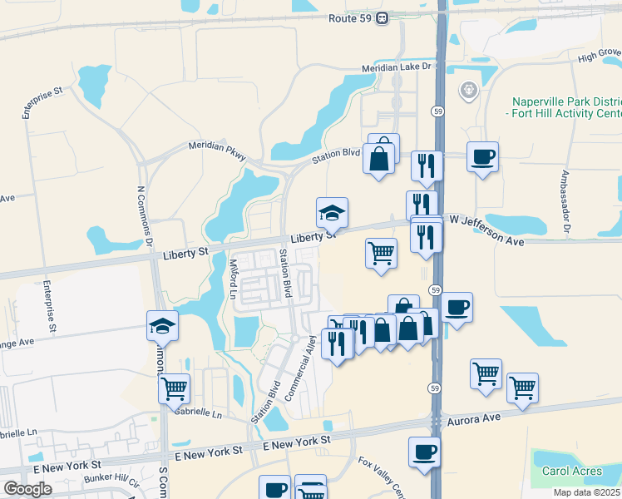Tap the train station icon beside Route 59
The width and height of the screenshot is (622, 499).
click(382, 17)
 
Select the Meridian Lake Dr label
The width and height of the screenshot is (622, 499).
click(398, 67)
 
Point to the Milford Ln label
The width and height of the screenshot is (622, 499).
click(233, 279)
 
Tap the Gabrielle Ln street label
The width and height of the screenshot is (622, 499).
click(200, 413)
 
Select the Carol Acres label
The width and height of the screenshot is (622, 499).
click(572, 471)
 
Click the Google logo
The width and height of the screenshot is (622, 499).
click(27, 489)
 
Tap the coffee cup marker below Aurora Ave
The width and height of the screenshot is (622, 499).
click(424, 452)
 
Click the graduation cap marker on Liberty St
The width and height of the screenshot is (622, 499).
click(332, 213)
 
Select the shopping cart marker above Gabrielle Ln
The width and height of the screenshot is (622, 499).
click(174, 387)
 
